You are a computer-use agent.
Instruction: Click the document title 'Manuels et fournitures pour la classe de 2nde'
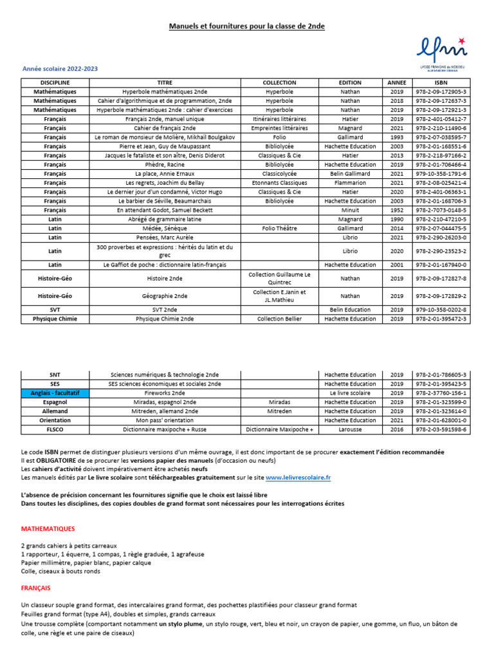(x=246, y=26)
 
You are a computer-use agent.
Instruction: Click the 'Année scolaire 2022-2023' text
(x=60, y=68)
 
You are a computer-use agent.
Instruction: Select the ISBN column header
(x=441, y=82)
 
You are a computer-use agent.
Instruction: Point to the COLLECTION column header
(x=279, y=82)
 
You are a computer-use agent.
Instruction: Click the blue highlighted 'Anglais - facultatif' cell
(x=55, y=393)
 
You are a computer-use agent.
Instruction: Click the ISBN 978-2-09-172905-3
(x=441, y=92)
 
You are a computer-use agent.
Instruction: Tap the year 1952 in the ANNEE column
(x=396, y=210)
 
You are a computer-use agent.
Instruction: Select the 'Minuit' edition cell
(x=350, y=210)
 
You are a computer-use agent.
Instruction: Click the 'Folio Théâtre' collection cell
(x=279, y=228)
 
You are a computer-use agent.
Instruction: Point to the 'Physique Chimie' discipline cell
(x=55, y=319)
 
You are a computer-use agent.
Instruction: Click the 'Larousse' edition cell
(x=350, y=429)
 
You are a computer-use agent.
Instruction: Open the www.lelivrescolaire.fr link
(x=298, y=478)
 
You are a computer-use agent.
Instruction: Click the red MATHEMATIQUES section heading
(x=48, y=529)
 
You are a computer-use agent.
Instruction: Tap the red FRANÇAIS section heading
(x=35, y=588)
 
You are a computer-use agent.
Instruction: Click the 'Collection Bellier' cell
(x=279, y=319)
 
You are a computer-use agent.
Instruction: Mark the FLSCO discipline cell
(x=55, y=429)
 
